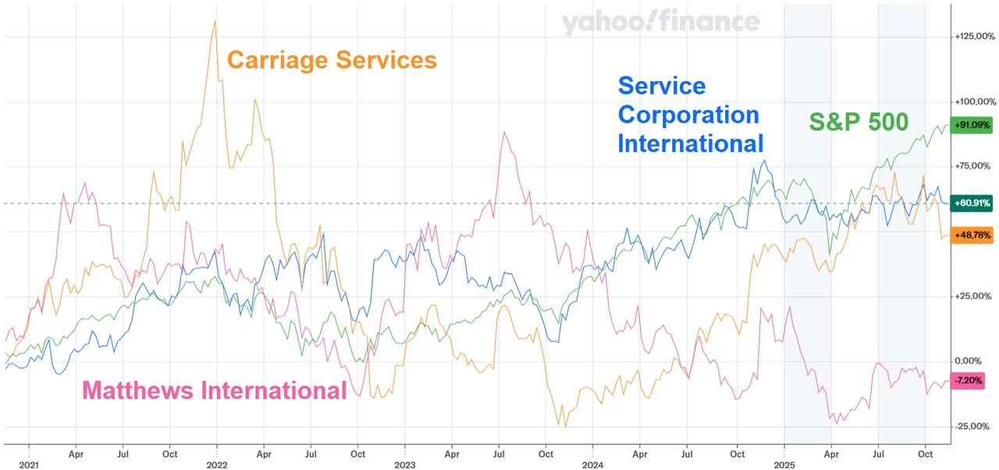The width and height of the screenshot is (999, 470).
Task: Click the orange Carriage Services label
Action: point(331,60)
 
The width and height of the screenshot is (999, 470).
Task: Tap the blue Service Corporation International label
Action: point(690,115)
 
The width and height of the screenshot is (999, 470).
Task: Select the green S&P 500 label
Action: point(858,122)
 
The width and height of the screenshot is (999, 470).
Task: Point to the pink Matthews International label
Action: point(214,390)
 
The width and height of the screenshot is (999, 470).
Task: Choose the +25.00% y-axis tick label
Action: point(973,297)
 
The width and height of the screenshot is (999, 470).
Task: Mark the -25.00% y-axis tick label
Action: point(973,426)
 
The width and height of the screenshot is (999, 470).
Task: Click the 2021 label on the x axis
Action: point(28,464)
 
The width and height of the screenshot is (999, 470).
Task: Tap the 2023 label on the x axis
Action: point(405,464)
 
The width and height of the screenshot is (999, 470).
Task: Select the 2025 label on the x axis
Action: point(784,464)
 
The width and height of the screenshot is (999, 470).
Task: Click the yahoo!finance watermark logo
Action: point(660,23)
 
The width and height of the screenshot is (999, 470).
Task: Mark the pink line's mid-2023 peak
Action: point(505,134)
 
